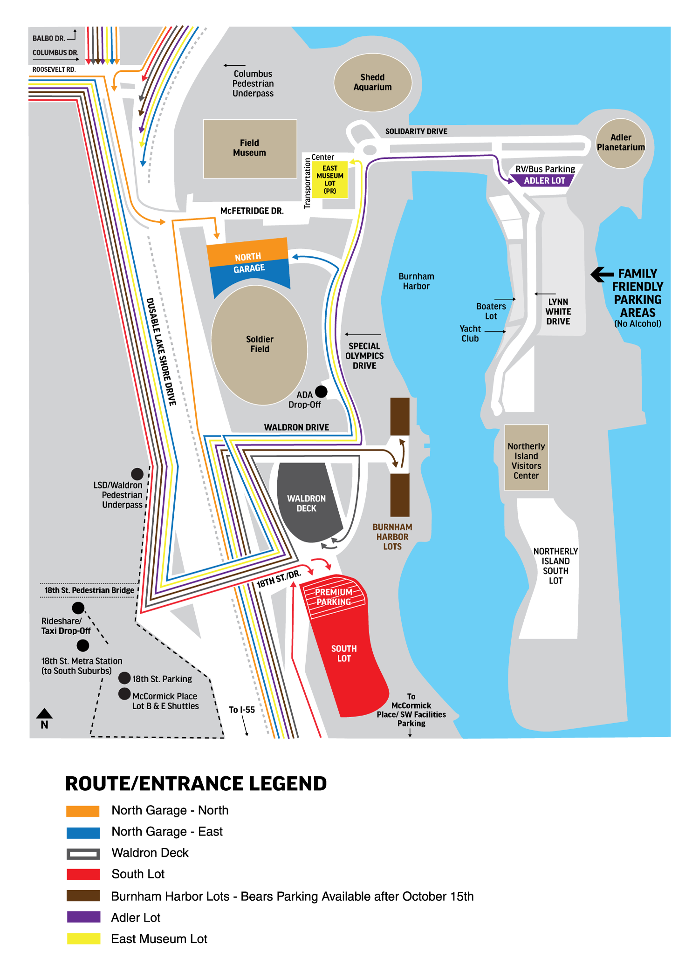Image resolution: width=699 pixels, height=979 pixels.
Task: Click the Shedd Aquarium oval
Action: point(373,82)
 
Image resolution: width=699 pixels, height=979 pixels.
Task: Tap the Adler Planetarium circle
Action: point(621,143)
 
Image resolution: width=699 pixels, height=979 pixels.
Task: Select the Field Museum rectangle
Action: point(250,149)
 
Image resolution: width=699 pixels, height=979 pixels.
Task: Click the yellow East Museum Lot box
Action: point(330,180)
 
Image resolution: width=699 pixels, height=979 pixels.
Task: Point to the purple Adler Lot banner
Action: point(543,180)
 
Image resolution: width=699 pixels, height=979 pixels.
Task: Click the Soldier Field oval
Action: point(259,345)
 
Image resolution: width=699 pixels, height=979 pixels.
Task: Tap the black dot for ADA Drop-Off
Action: point(321,391)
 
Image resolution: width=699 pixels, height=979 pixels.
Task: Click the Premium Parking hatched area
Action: point(334,596)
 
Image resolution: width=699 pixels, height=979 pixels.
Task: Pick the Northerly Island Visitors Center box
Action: point(526,458)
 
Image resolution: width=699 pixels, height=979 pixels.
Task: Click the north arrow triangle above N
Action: point(44,713)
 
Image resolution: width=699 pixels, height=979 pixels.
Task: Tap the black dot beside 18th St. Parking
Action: point(124,678)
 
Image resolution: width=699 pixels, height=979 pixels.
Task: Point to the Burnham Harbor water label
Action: point(416,281)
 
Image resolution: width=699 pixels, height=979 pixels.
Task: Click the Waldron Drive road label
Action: point(296,427)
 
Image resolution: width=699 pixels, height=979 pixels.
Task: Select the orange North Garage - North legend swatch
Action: point(83,811)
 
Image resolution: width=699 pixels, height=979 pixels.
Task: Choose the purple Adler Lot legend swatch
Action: point(83,917)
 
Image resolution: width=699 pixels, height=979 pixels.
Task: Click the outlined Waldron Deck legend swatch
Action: point(83,854)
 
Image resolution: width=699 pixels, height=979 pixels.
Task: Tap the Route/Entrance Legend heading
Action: point(196,784)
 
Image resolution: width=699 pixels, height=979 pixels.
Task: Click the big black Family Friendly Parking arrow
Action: point(602,274)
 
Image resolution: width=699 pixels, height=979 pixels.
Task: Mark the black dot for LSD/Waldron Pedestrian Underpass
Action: point(137,474)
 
